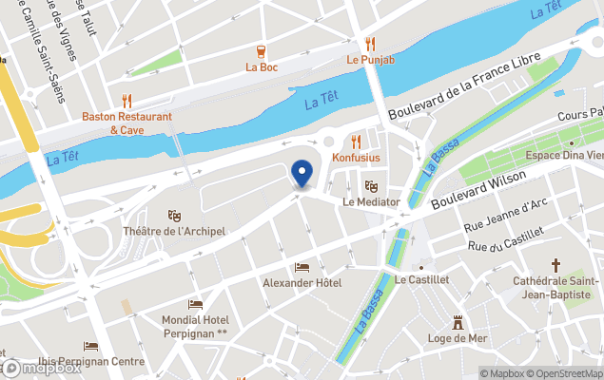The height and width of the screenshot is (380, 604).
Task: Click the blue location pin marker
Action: (x=302, y=174)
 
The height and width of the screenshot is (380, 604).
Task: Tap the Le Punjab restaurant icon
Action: (x=370, y=44)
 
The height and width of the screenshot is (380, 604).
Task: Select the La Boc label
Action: (x=261, y=67)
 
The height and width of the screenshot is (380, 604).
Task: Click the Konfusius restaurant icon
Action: (x=357, y=141)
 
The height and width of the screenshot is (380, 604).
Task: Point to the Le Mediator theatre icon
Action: (x=370, y=186)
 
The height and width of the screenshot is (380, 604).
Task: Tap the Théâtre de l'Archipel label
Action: (x=174, y=231)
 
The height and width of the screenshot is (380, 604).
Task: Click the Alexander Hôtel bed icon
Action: (x=302, y=267)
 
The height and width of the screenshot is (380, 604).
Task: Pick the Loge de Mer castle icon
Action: (x=458, y=322)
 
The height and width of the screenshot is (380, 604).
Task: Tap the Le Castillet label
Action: (x=420, y=279)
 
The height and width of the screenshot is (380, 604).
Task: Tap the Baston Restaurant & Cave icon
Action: (x=127, y=101)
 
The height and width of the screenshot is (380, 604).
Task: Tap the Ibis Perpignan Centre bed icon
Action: (x=91, y=347)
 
